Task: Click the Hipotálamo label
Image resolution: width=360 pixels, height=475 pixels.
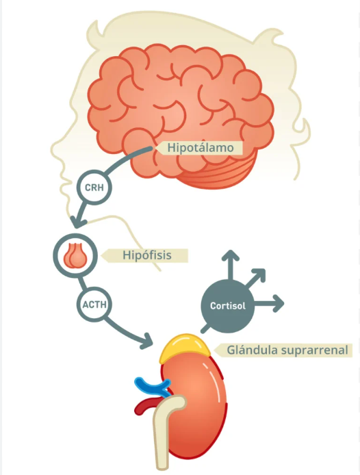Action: [200, 148]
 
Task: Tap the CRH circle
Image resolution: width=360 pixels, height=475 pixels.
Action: [94, 188]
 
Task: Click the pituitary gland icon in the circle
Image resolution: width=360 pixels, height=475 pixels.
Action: [75, 255]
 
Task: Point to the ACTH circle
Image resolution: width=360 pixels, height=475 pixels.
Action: [94, 304]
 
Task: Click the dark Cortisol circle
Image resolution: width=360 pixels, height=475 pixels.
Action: [228, 306]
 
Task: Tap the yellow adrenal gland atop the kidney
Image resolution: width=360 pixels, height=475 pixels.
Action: [185, 348]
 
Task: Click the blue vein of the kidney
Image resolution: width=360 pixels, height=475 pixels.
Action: [151, 386]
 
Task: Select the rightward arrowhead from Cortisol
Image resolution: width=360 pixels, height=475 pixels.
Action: [279, 303]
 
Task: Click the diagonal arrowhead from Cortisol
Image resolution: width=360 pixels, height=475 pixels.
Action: [259, 274]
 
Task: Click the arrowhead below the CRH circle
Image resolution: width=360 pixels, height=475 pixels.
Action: [77, 222]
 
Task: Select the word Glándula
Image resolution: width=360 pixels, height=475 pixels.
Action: [252, 350]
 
